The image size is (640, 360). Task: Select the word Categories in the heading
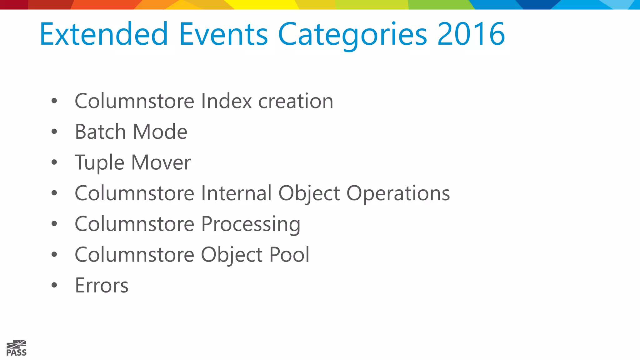[x=352, y=34]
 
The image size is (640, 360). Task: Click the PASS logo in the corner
[x=17, y=348]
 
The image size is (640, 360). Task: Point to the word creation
[x=296, y=101]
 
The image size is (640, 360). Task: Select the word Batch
[x=100, y=132]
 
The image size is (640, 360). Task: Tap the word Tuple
[x=99, y=163]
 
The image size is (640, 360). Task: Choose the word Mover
[x=161, y=162]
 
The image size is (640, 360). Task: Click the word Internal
[x=236, y=193]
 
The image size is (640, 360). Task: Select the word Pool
[x=289, y=255]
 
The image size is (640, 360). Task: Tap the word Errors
[x=102, y=285]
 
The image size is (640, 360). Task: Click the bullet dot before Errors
[x=54, y=285]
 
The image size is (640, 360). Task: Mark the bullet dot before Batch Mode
[x=54, y=132]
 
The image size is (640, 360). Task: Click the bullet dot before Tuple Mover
[x=54, y=162]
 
